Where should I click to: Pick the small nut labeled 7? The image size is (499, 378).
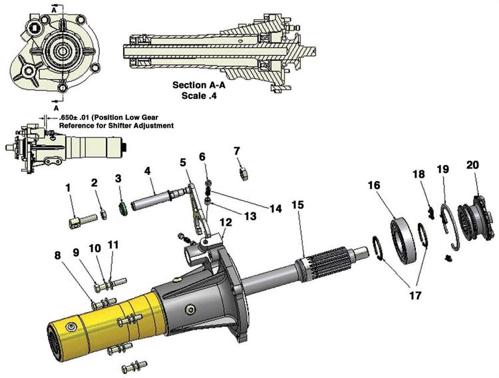tap(244, 174)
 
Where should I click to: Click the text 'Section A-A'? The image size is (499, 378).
tap(200, 85)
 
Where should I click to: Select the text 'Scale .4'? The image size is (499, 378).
tap(200, 96)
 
